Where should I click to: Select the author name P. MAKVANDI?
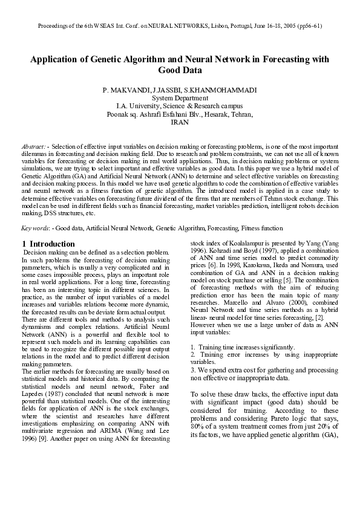point(123,90)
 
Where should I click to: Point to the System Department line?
point(180,98)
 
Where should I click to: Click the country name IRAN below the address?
point(180,122)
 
